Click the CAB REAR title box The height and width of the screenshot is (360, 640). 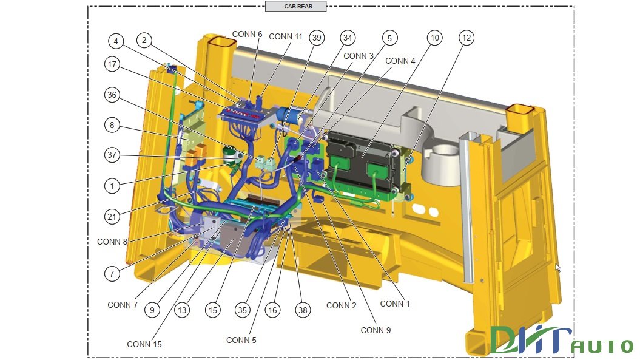296,6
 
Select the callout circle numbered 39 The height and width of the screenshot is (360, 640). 316,38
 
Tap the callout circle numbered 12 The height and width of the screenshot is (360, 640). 466,38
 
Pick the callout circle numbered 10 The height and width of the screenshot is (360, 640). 434,38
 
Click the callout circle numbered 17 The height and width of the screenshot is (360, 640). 112,64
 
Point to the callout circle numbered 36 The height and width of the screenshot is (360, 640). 112,95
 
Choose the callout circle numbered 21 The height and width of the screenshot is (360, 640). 112,216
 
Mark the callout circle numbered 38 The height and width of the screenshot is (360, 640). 303,310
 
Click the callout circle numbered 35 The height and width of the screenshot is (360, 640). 243,310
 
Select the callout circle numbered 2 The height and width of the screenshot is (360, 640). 144,40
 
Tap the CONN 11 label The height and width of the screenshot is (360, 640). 286,36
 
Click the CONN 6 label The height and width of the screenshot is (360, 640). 247,34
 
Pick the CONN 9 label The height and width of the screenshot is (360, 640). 376,330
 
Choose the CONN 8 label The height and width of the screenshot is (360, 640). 112,242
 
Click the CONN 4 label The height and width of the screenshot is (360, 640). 400,61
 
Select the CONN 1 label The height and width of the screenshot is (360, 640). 395,304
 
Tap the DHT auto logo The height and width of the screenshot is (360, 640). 561,341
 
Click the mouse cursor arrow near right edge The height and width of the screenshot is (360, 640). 558,267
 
